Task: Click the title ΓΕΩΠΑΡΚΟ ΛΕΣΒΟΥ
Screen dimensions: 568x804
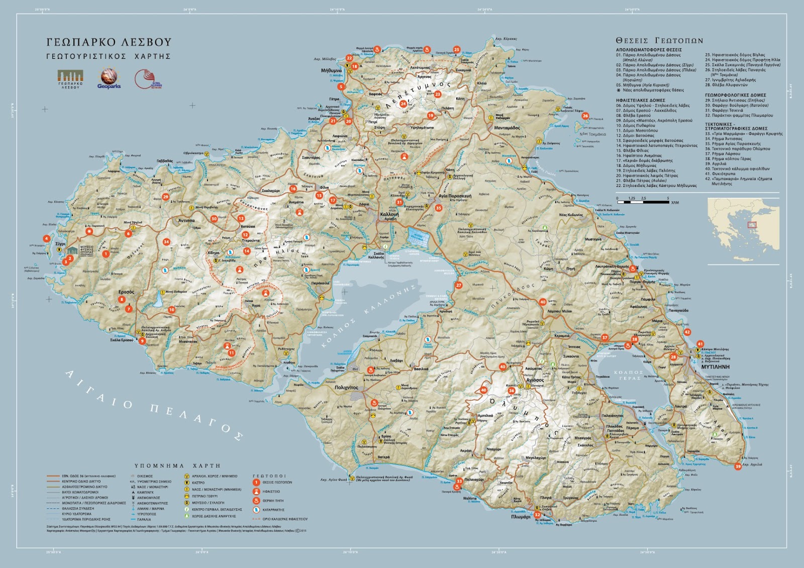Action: pos(109,42)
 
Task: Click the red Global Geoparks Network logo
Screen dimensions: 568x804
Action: pos(145,79)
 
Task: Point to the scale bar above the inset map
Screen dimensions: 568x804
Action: pos(643,202)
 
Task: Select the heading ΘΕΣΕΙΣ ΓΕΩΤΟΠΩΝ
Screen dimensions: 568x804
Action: pos(659,41)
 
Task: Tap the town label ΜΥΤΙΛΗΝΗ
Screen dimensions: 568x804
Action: pos(715,367)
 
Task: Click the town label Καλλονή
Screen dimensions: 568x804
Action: pos(389,214)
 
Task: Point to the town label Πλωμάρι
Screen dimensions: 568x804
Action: pos(521,517)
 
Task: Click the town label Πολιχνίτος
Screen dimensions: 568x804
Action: pos(346,388)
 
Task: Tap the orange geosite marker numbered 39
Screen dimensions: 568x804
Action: pos(738,466)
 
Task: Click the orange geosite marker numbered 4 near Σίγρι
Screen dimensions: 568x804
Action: pos(47,239)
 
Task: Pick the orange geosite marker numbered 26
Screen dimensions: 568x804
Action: pos(585,116)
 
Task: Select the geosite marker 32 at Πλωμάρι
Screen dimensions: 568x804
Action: pos(537,515)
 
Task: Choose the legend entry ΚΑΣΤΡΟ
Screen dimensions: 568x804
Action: pos(198,483)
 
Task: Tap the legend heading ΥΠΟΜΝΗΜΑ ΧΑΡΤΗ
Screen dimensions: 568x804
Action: pos(177,466)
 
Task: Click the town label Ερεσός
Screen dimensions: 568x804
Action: pos(126,292)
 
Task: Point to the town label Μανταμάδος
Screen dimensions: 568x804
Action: pos(507,128)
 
